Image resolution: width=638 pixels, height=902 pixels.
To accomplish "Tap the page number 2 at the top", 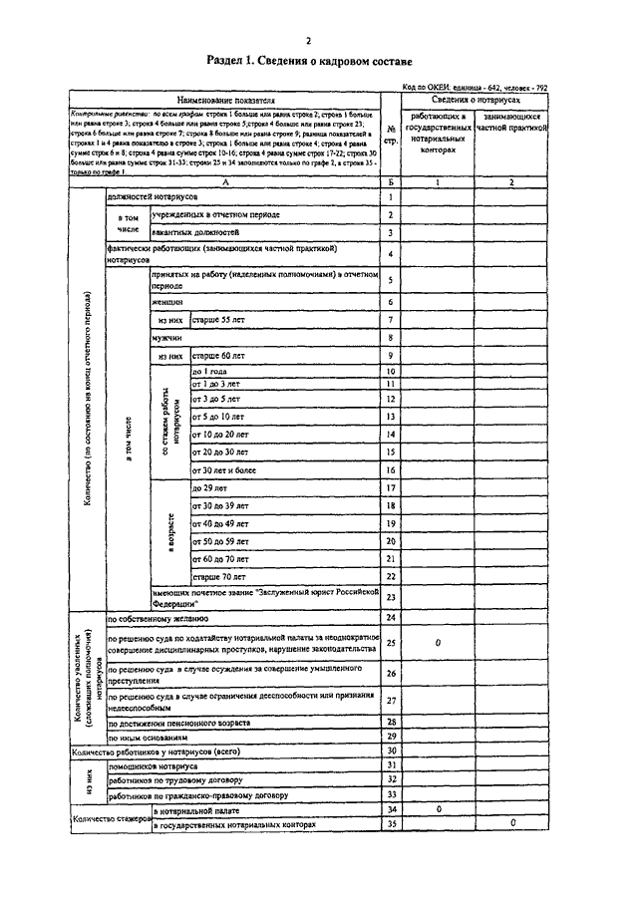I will pyautogui.click(x=308, y=40).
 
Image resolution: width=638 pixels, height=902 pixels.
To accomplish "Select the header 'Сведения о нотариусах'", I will pyautogui.click(x=475, y=102).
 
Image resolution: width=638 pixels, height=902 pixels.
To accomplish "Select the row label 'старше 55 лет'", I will pyautogui.click(x=219, y=319).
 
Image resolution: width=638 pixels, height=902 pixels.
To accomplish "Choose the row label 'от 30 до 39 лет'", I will pyautogui.click(x=221, y=505).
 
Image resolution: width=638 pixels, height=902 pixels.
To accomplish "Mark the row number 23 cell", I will pyautogui.click(x=391, y=597).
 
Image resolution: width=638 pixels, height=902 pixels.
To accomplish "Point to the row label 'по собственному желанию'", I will pyautogui.click(x=158, y=619).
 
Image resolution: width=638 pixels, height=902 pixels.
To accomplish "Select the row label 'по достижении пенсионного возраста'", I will pyautogui.click(x=180, y=721).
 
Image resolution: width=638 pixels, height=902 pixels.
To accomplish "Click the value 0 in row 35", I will pyautogui.click(x=512, y=824).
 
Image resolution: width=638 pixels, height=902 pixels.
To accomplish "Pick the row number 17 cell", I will pyautogui.click(x=391, y=487).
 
